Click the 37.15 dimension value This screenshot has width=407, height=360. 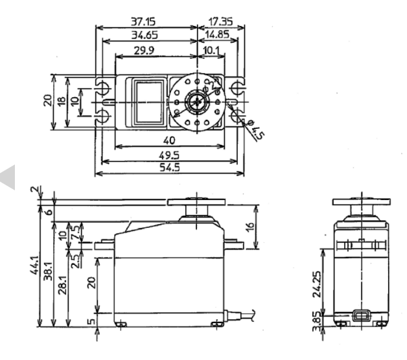pyautogui.click(x=146, y=21)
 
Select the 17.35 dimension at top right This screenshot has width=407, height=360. pyautogui.click(x=222, y=21)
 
